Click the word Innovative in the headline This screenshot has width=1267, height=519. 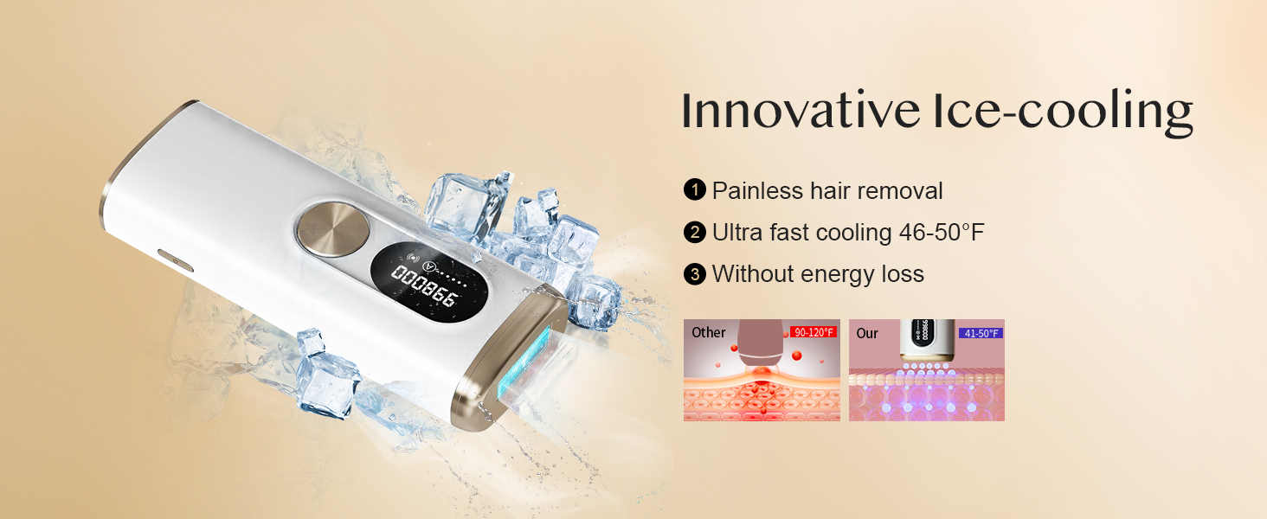(801, 110)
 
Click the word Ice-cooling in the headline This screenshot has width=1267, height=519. (1063, 112)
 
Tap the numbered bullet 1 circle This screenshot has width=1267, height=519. (695, 190)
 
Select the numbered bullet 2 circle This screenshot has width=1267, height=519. (695, 233)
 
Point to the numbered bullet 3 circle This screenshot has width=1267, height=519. (695, 274)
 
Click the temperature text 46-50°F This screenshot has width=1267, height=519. (942, 233)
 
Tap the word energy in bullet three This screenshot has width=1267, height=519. (839, 276)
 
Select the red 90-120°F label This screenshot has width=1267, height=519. (814, 332)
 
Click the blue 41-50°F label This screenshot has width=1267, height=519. (981, 333)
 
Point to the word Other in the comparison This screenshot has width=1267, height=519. (708, 332)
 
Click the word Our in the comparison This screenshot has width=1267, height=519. (867, 334)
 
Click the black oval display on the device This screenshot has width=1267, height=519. (429, 282)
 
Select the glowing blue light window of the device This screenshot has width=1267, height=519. (524, 362)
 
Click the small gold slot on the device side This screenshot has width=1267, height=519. (176, 260)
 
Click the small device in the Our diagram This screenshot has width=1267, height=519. (927, 340)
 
